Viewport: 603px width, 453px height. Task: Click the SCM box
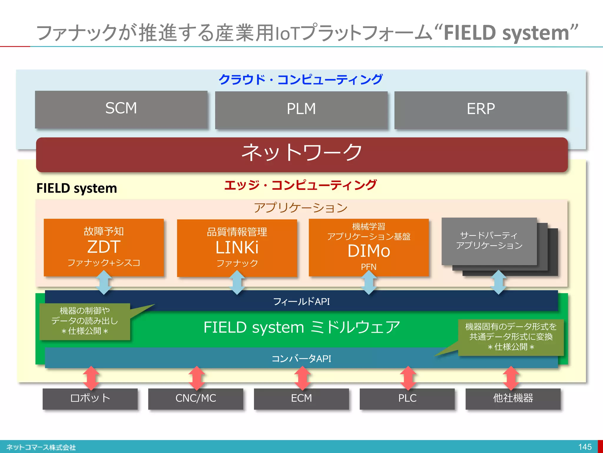pyautogui.click(x=121, y=109)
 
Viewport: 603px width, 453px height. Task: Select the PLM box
pyautogui.click(x=301, y=110)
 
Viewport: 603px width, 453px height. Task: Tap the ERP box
pyautogui.click(x=481, y=110)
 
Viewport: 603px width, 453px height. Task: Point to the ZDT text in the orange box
pyautogui.click(x=104, y=247)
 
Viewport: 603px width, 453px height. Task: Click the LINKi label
pyautogui.click(x=237, y=248)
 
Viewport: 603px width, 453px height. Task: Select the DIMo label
pyautogui.click(x=369, y=251)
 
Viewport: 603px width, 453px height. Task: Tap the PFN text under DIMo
pyautogui.click(x=369, y=267)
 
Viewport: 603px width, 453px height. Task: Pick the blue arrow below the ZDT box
pyautogui.click(x=104, y=283)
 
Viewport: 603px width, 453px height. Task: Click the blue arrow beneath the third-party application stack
pyautogui.click(x=499, y=283)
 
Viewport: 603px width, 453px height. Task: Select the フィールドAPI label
pyautogui.click(x=301, y=301)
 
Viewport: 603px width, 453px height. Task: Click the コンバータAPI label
pyautogui.click(x=301, y=359)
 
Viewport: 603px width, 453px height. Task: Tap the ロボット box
pyautogui.click(x=90, y=398)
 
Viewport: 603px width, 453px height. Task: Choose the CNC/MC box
pyautogui.click(x=196, y=398)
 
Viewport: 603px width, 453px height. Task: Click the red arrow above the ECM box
pyautogui.click(x=302, y=378)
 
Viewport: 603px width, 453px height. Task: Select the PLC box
pyautogui.click(x=407, y=398)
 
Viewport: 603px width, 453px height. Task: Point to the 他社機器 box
pyautogui.click(x=513, y=398)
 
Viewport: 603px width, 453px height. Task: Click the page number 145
pyautogui.click(x=585, y=447)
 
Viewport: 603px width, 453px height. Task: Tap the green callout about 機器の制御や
pyautogui.click(x=85, y=321)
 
